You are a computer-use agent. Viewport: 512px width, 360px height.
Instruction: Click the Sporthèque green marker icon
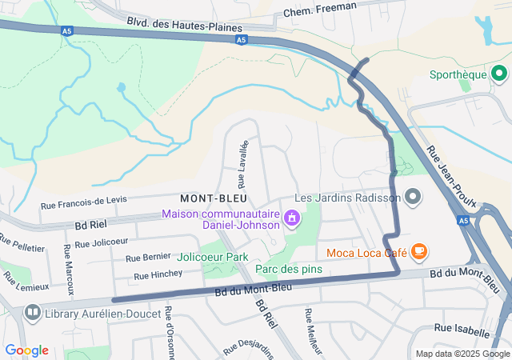499,75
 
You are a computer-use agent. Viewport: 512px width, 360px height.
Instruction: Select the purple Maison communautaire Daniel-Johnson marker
291,216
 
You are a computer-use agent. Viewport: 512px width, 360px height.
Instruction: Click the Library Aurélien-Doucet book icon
33,312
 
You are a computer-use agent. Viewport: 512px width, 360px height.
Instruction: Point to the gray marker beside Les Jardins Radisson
413,196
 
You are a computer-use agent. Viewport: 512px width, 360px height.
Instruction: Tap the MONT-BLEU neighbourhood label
213,198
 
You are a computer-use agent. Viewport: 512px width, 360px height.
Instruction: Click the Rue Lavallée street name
243,162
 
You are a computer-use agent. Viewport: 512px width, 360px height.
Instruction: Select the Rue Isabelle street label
462,330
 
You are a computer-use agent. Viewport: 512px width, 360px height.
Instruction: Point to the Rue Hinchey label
158,274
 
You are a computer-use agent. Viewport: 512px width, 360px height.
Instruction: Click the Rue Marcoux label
69,267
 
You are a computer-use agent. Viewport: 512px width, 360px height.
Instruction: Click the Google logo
26,350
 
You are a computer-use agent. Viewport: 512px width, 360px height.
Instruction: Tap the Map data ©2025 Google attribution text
462,354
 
